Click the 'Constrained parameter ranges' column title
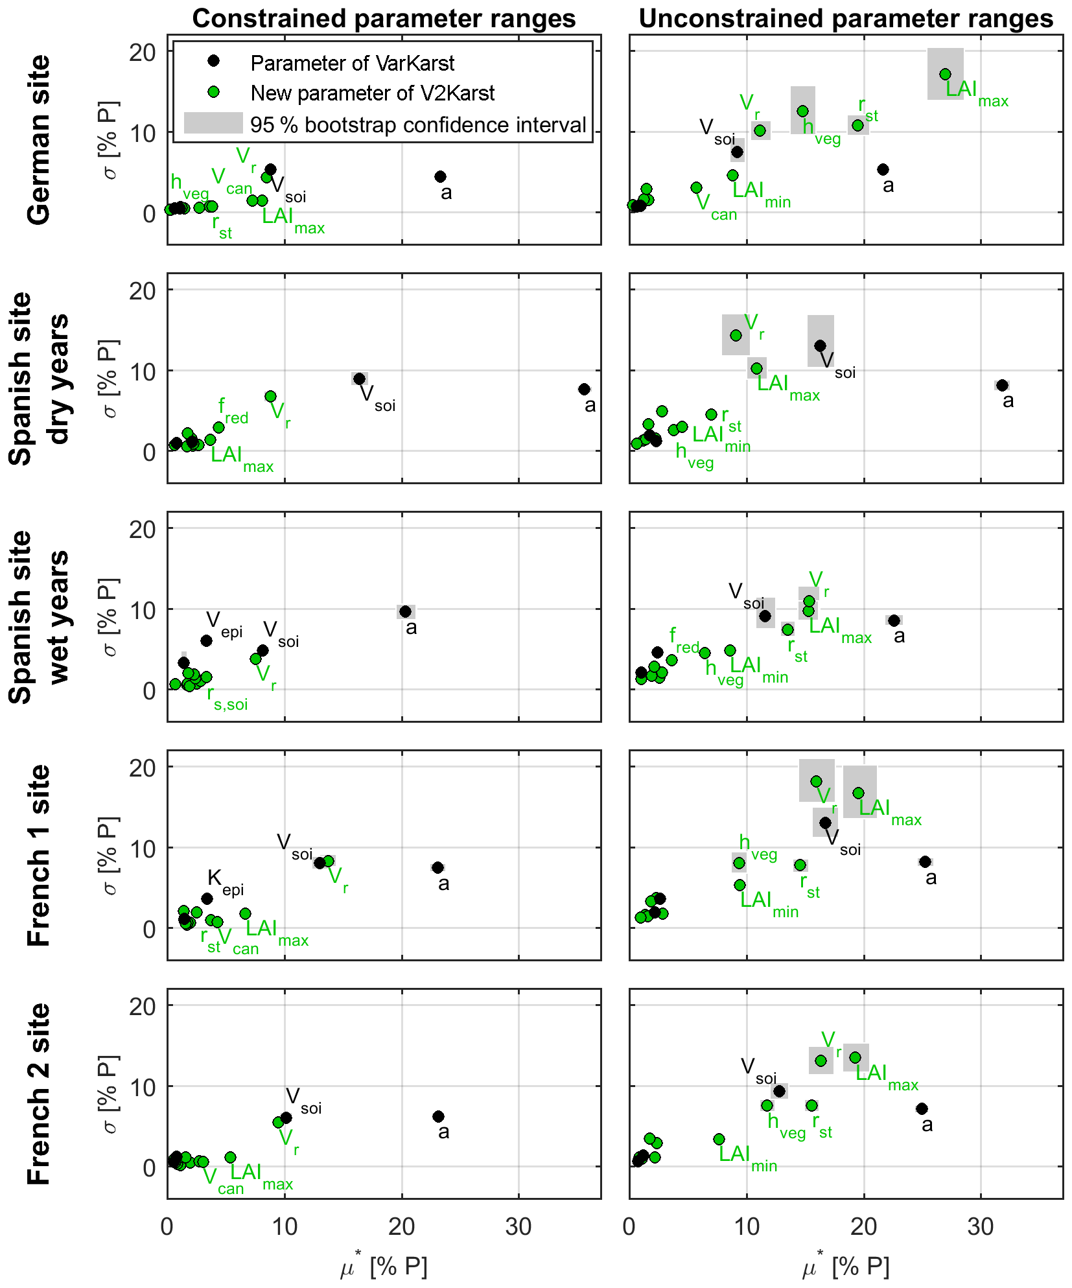tap(384, 19)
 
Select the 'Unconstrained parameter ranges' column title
tap(846, 19)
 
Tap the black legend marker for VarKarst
tap(213, 61)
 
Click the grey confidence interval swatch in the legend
tap(213, 123)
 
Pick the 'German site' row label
tap(39, 140)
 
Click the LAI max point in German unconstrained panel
tap(945, 74)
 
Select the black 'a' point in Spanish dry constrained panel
tap(584, 389)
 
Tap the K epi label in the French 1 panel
tap(225, 882)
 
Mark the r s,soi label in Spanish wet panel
tap(227, 699)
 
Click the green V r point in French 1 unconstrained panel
tap(816, 781)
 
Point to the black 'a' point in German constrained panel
tap(440, 176)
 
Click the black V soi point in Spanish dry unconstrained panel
tap(820, 345)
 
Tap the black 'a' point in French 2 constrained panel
tap(438, 1116)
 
